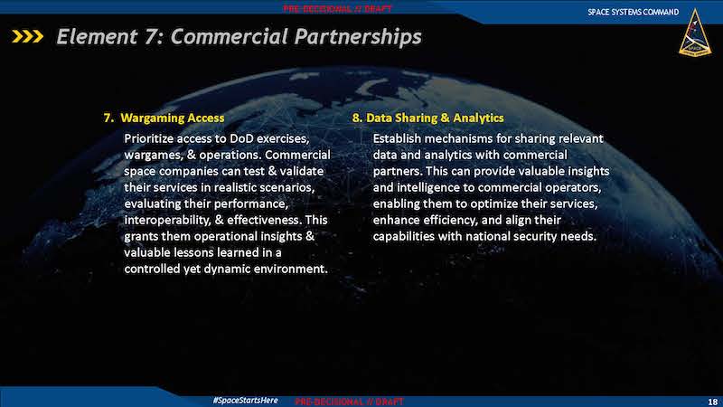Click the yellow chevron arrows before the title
point(28,36)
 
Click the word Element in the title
point(97,36)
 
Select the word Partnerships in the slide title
point(358,37)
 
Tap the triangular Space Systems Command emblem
point(695,33)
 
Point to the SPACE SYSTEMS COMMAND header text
point(634,12)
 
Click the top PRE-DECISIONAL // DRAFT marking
point(337,8)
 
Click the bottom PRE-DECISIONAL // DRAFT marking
point(349,402)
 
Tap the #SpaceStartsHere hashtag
point(245,400)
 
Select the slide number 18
point(712,402)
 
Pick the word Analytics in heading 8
point(478,118)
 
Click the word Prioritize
point(149,138)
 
